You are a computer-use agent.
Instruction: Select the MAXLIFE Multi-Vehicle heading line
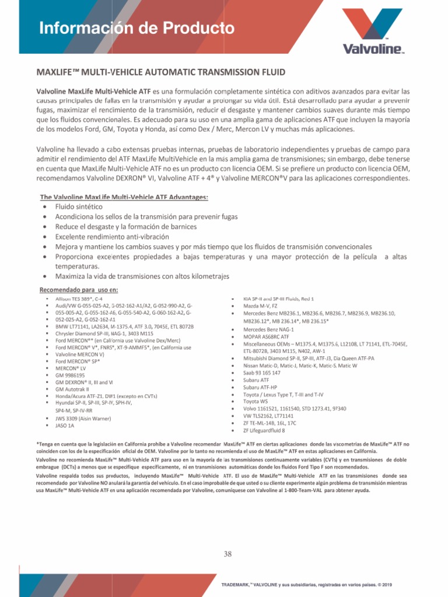coord(161,72)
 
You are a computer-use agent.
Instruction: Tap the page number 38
coord(228,554)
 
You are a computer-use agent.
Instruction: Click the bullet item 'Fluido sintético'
coord(79,207)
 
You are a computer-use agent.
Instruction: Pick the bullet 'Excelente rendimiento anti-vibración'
coord(112,237)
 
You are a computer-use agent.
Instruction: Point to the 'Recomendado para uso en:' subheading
coord(78,290)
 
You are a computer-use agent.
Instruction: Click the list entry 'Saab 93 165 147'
coord(261,373)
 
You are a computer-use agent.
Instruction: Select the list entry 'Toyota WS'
coord(256,402)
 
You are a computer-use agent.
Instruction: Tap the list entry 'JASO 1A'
coord(65,426)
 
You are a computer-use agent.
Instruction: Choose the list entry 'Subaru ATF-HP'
coord(260,387)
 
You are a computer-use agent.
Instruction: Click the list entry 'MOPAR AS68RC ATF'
coord(266,336)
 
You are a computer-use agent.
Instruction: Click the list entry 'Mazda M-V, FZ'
coord(260,305)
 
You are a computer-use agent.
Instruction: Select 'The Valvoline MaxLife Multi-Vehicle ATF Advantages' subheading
coord(124,197)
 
